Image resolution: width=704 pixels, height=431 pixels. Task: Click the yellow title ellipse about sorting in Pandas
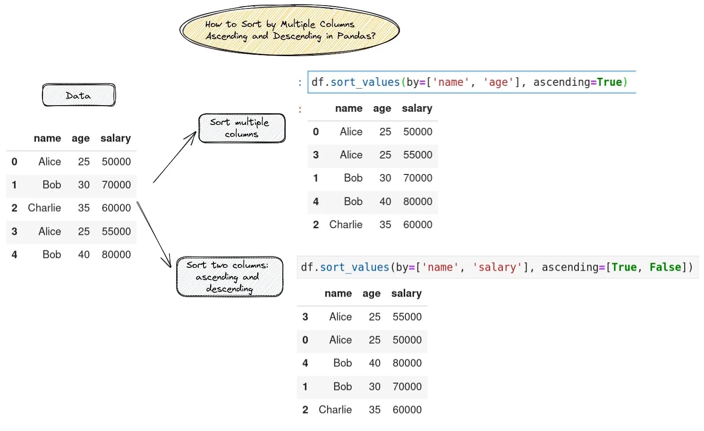pos(289,30)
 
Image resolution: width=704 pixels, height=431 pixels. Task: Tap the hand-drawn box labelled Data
pos(78,95)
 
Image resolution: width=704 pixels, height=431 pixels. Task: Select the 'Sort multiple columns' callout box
pos(242,128)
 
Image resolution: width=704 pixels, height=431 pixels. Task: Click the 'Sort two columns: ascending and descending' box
pos(229,277)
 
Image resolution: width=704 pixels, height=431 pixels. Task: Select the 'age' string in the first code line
pos(498,83)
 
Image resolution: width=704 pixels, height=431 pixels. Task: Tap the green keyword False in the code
pos(665,267)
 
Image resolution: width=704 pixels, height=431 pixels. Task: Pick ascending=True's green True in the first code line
pos(609,83)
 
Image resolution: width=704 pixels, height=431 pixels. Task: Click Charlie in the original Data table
pos(44,208)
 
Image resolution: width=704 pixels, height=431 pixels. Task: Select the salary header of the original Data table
pos(115,138)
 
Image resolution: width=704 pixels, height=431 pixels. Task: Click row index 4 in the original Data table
pos(14,255)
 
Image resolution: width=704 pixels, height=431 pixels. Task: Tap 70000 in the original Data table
pos(116,185)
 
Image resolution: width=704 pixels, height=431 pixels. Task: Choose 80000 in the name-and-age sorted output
pos(417,201)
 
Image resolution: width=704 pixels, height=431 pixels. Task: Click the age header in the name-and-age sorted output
pos(382,108)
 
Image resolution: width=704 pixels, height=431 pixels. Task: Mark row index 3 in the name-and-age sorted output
pos(315,155)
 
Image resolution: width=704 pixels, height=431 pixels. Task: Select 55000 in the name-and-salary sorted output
pos(407,317)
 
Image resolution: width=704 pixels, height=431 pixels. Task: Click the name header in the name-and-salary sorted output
pos(338,293)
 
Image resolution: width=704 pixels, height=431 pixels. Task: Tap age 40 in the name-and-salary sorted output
pos(374,363)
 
